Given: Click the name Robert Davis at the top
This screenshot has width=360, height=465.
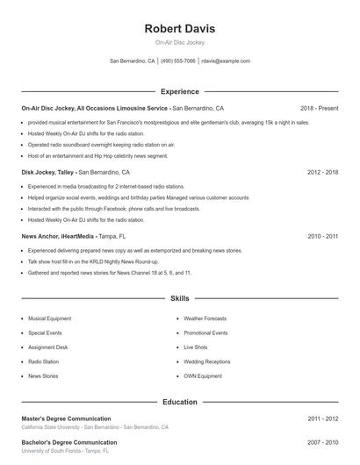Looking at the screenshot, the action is coord(179,28).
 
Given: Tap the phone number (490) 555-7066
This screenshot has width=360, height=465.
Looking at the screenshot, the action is coord(178,61).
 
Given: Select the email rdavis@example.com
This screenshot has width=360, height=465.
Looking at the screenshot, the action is coord(226,61).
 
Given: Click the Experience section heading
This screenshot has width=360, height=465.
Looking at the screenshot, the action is coord(179,91).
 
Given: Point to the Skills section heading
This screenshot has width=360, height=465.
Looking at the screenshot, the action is coord(179,299).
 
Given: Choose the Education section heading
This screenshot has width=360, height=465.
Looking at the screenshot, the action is coord(179,402).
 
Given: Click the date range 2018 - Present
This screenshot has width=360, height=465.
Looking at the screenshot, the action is coord(319,108).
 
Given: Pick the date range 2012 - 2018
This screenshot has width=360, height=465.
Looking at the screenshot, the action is coord(322,173).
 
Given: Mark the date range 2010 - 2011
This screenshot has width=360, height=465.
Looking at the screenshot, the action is coord(322,236).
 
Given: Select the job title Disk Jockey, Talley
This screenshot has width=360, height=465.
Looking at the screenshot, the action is coord(48,173).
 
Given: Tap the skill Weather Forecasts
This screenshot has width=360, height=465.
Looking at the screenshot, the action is coord(205,318).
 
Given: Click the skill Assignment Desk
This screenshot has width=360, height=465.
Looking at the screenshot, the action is coord(47,347).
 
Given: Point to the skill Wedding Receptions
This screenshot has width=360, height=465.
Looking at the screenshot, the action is coord(206,361).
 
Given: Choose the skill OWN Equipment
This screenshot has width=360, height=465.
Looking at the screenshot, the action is coord(202,376).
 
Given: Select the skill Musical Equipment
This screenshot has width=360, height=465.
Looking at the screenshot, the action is coord(49,318).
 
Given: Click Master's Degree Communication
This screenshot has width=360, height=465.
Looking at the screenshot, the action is coord(66,418).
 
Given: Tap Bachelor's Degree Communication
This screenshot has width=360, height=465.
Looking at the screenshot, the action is coord(68,442).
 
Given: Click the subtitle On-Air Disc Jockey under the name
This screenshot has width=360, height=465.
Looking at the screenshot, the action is coord(179,43).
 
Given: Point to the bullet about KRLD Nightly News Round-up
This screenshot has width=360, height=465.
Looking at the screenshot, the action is coord(93,261).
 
